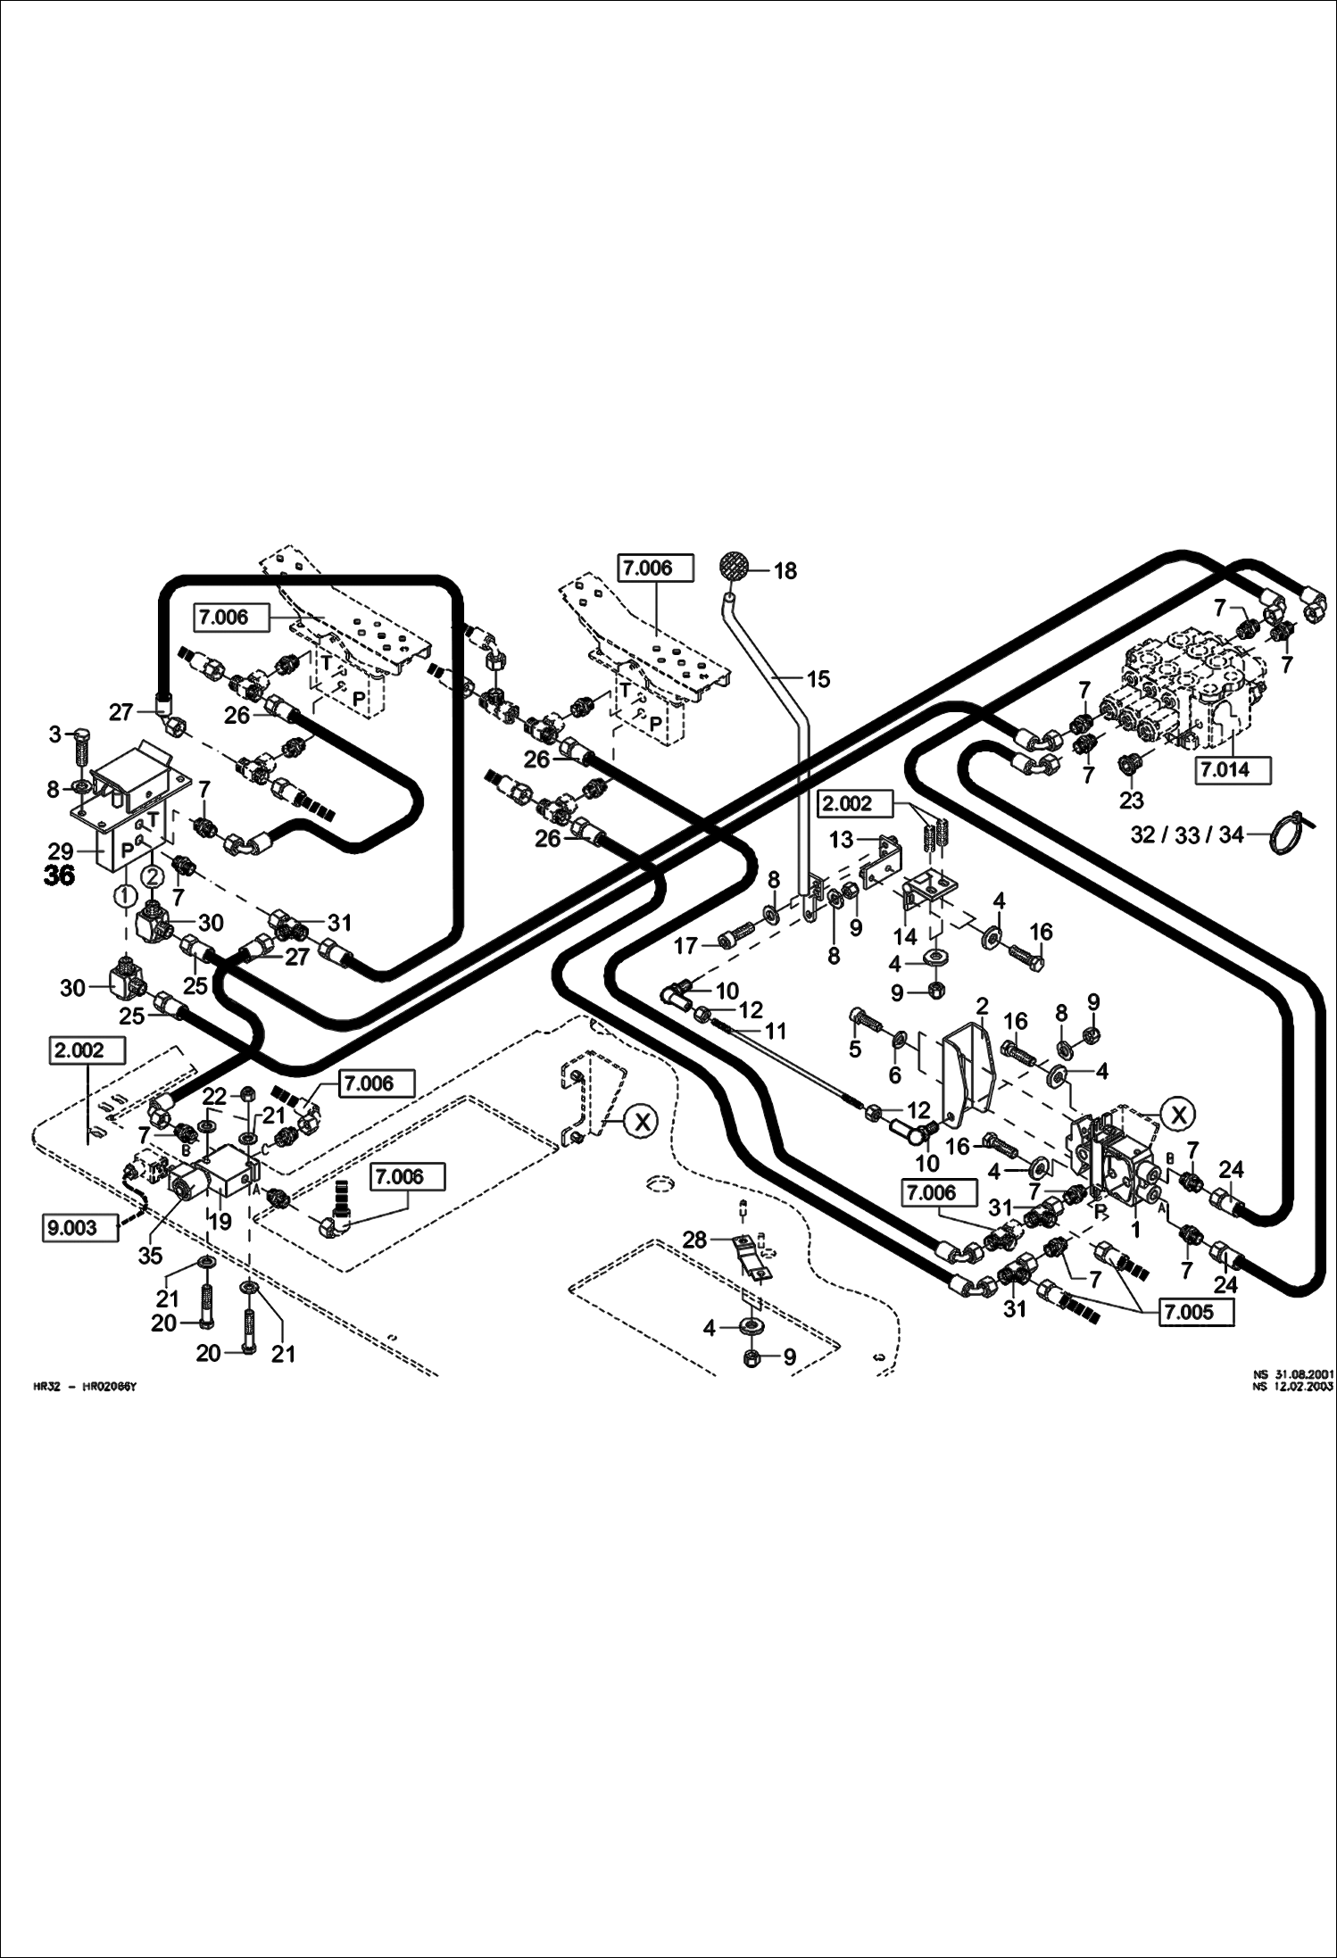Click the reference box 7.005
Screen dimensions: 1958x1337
pyautogui.click(x=1197, y=1314)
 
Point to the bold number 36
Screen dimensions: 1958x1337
pyautogui.click(x=59, y=876)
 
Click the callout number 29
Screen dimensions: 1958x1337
pyautogui.click(x=61, y=852)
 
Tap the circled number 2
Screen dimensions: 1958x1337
pyautogui.click(x=152, y=876)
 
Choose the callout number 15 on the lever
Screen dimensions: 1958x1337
pyautogui.click(x=818, y=679)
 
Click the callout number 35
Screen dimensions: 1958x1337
pyautogui.click(x=150, y=1255)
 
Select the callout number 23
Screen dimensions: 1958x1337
pyautogui.click(x=1131, y=801)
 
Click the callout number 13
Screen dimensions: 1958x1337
pyautogui.click(x=841, y=840)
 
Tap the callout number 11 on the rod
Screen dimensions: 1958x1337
pyautogui.click(x=776, y=1031)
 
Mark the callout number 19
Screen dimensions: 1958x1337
pyautogui.click(x=220, y=1222)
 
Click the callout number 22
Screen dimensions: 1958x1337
pyautogui.click(x=214, y=1096)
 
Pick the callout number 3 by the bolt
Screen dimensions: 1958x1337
pyautogui.click(x=55, y=734)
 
